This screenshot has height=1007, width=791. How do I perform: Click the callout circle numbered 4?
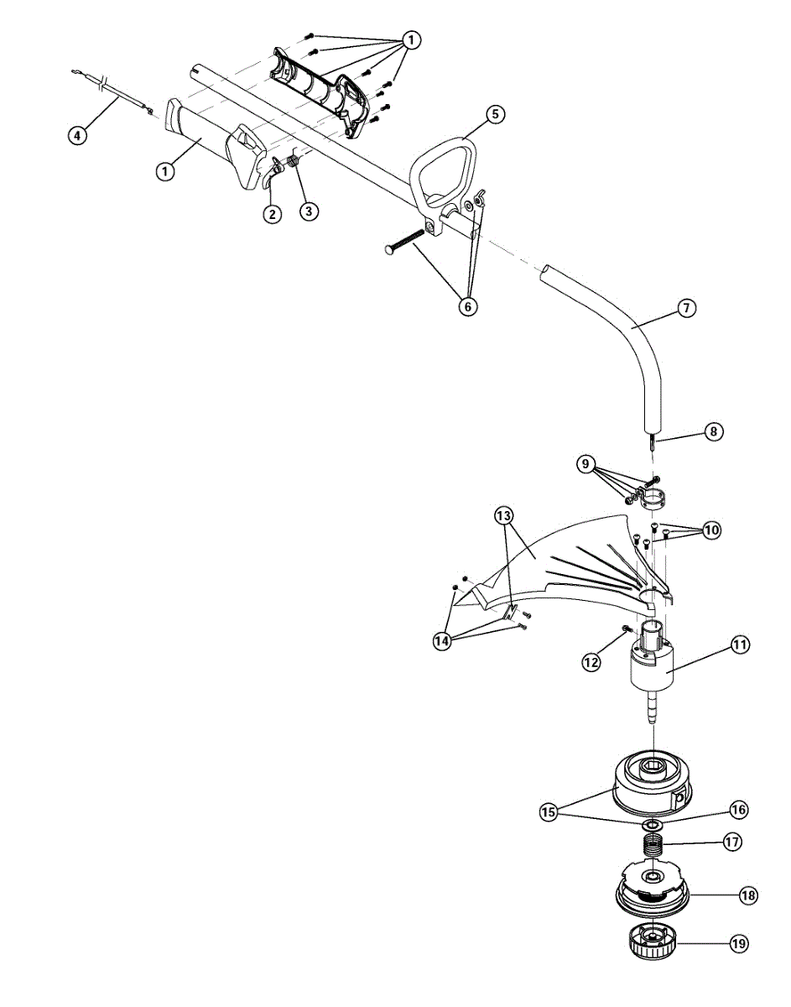pyautogui.click(x=77, y=134)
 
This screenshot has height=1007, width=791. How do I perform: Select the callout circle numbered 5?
pyautogui.click(x=495, y=114)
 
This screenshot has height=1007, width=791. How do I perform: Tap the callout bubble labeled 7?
pyautogui.click(x=685, y=308)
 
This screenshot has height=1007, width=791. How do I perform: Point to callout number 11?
pyautogui.click(x=740, y=645)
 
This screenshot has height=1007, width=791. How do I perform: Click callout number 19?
pyautogui.click(x=738, y=944)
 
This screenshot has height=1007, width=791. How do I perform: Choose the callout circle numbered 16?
pyautogui.click(x=738, y=810)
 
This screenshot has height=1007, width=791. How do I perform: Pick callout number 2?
pyautogui.click(x=272, y=214)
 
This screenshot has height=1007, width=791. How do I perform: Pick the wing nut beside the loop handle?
pyautogui.click(x=479, y=199)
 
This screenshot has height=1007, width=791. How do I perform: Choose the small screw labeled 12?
pyautogui.click(x=627, y=629)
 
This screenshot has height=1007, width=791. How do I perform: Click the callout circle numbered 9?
pyautogui.click(x=586, y=464)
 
